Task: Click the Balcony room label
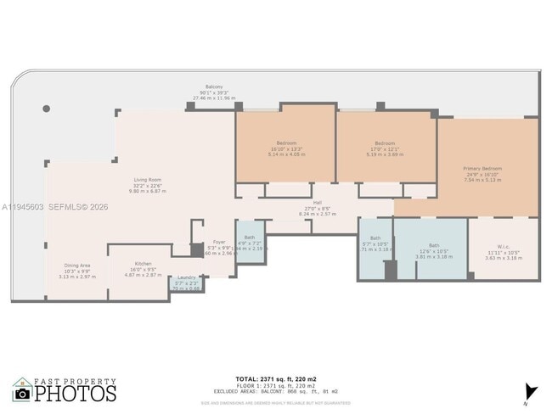(x=213, y=87)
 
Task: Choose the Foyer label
(x=219, y=242)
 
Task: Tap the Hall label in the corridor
(x=317, y=203)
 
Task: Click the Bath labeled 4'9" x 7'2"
(x=250, y=238)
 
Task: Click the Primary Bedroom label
(x=482, y=169)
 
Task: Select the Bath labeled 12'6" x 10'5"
(x=434, y=245)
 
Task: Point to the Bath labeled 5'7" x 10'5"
(x=375, y=238)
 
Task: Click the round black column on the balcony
(x=46, y=109)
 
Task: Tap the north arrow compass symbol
(x=531, y=392)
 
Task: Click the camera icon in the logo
(x=23, y=393)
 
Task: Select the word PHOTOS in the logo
(x=76, y=394)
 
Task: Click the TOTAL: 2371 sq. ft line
(x=269, y=378)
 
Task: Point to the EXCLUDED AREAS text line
(x=270, y=391)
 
